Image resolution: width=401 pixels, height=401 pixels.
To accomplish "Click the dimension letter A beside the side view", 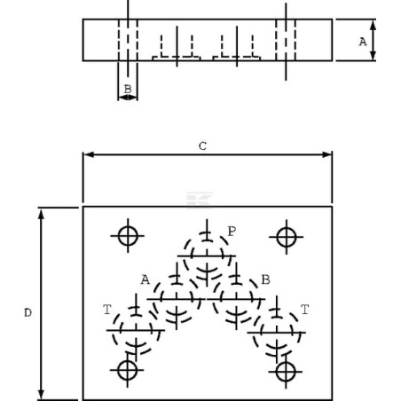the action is pyautogui.click(x=363, y=42).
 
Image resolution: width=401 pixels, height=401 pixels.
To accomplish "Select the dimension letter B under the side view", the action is pyautogui.click(x=128, y=89).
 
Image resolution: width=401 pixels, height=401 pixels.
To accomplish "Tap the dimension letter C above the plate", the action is pyautogui.click(x=202, y=146).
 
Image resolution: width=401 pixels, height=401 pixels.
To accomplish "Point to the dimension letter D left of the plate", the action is pyautogui.click(x=28, y=313).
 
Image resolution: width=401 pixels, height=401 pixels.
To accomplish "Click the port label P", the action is pyautogui.click(x=232, y=232).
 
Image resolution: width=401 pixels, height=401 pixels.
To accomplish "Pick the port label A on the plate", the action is pyautogui.click(x=145, y=279).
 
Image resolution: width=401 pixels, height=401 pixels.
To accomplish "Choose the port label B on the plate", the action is pyautogui.click(x=266, y=279).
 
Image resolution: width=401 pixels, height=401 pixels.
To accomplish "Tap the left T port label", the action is pyautogui.click(x=107, y=310).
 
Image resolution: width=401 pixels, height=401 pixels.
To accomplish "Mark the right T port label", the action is pyautogui.click(x=305, y=310).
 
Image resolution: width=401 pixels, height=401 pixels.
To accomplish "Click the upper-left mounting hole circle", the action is pyautogui.click(x=128, y=226).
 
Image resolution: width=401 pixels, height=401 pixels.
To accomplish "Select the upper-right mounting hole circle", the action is pyautogui.click(x=287, y=227).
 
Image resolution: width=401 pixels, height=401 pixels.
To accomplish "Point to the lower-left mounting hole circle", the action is pyautogui.click(x=128, y=361).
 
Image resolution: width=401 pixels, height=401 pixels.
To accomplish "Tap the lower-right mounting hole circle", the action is pyautogui.click(x=286, y=362).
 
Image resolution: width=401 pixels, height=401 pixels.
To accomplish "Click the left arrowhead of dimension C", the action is pyautogui.click(x=88, y=154).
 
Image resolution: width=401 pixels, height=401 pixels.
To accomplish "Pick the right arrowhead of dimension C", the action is pyautogui.click(x=327, y=154).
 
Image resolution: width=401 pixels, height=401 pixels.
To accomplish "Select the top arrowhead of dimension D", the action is pyautogui.click(x=41, y=213).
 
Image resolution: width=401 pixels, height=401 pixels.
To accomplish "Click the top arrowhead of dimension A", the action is pyautogui.click(x=373, y=25).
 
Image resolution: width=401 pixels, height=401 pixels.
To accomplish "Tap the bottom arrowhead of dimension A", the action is pyautogui.click(x=373, y=55).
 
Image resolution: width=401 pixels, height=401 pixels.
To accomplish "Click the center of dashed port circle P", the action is pyautogui.click(x=207, y=256).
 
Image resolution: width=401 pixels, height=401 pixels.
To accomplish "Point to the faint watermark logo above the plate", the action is pyautogui.click(x=200, y=200).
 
